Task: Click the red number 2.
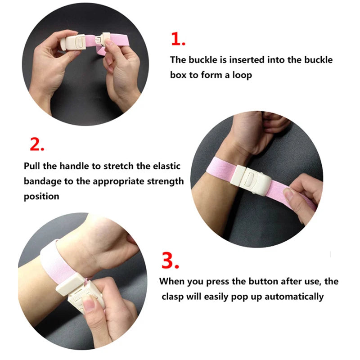coord(37,144)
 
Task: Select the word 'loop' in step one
coord(243,75)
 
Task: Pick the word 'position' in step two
coord(41,197)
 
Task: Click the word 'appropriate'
coord(115,181)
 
